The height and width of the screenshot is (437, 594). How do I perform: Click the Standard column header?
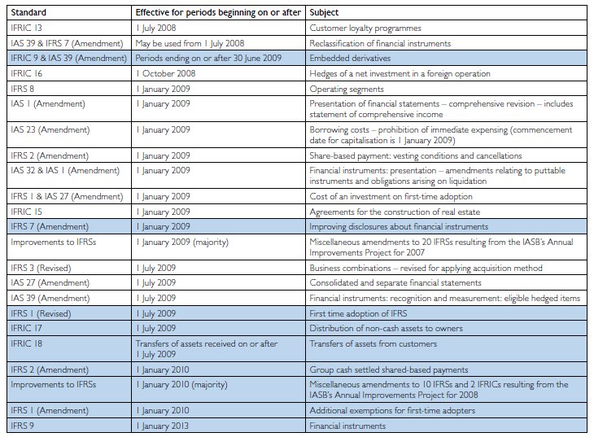(x=28, y=12)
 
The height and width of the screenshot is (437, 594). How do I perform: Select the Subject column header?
(x=324, y=12)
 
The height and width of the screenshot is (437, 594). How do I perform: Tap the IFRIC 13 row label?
(x=27, y=28)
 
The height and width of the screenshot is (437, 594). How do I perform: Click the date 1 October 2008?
(x=166, y=73)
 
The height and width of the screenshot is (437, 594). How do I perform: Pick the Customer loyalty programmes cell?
(x=365, y=28)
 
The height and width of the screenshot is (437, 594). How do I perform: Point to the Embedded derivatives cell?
(x=350, y=59)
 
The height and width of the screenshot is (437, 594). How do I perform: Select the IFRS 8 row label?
(x=22, y=89)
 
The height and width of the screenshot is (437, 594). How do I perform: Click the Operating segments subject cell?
(x=347, y=89)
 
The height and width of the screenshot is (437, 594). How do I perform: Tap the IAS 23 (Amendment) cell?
(x=50, y=129)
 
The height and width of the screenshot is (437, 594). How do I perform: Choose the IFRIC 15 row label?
(x=27, y=212)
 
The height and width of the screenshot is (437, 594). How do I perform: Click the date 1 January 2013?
(x=163, y=426)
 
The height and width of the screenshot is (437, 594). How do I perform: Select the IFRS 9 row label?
(x=22, y=426)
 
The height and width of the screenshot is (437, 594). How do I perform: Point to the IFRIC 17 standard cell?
(x=27, y=328)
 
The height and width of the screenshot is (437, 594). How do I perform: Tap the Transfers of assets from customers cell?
(x=373, y=343)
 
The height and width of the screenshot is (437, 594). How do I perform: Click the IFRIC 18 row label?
(x=27, y=343)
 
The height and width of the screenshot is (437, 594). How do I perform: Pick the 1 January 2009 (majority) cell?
(x=182, y=243)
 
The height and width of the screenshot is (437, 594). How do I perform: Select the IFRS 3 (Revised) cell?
(x=41, y=268)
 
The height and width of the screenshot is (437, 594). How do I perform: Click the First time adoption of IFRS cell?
(x=358, y=313)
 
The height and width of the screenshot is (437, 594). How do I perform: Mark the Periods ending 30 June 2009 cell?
(x=208, y=59)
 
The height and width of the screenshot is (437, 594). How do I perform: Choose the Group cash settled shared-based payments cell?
(x=389, y=369)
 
